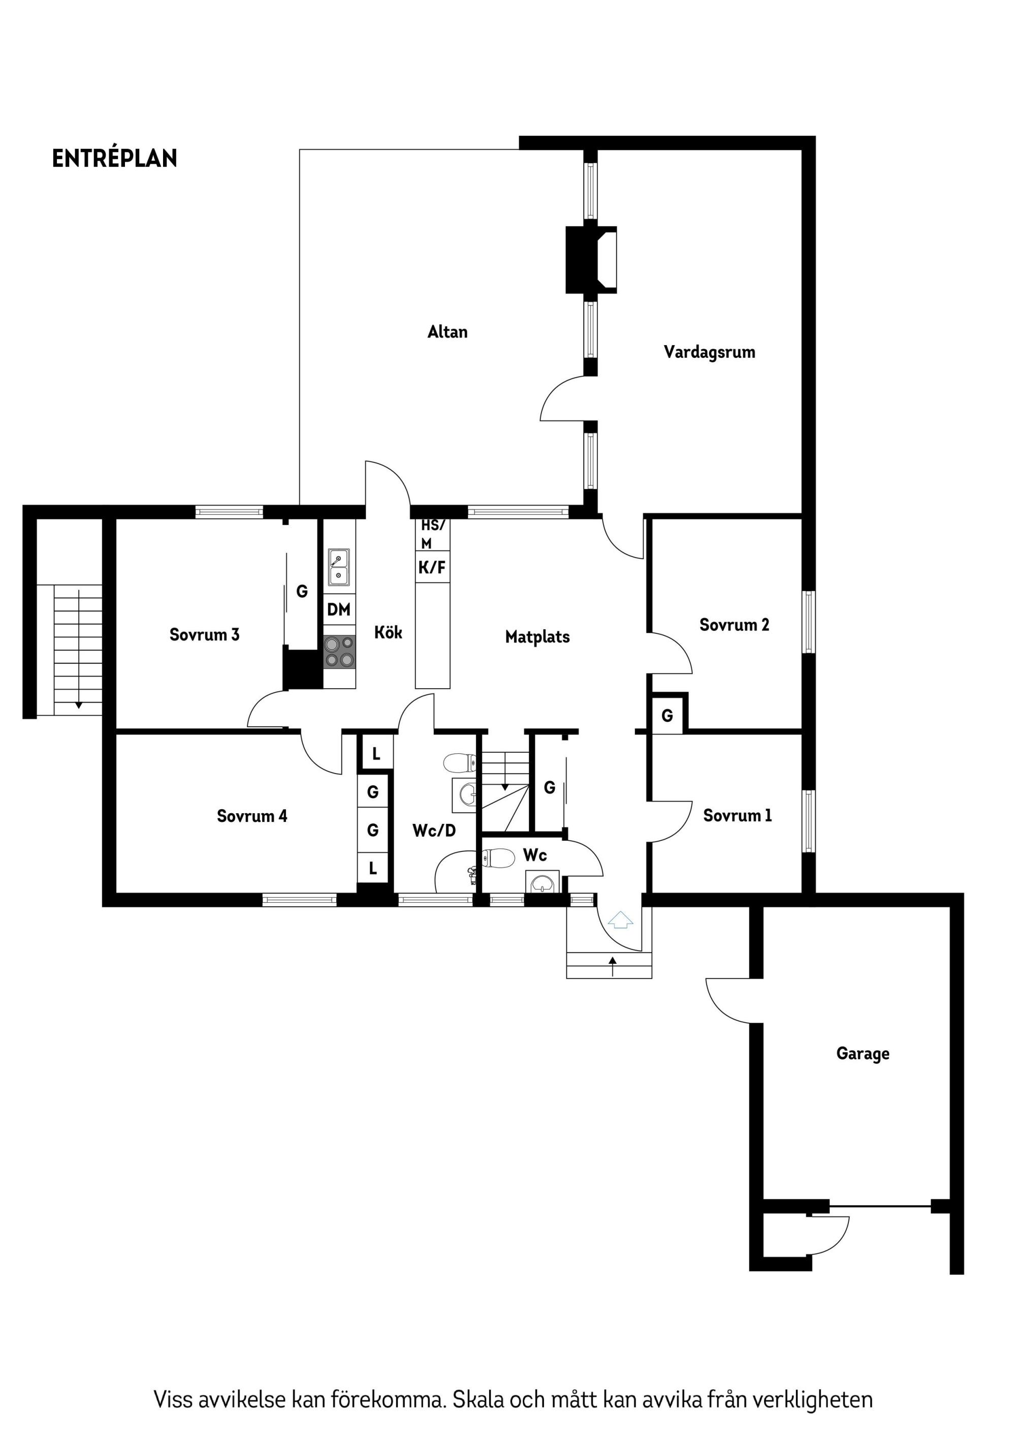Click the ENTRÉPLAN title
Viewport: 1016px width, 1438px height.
(x=115, y=159)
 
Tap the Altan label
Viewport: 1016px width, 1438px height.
(x=447, y=331)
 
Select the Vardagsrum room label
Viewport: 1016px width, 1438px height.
(x=709, y=352)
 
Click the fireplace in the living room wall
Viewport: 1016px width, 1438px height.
(x=591, y=259)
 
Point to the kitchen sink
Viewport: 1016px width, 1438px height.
(x=339, y=567)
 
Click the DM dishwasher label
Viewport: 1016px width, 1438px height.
(x=339, y=609)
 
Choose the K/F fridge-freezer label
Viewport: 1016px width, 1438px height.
(x=432, y=567)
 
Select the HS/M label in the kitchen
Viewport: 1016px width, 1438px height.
(x=432, y=534)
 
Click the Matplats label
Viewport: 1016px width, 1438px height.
(x=537, y=637)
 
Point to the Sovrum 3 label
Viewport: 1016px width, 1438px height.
(x=204, y=634)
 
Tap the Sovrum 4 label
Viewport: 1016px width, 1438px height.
(x=251, y=815)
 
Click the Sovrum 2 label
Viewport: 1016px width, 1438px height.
(x=734, y=624)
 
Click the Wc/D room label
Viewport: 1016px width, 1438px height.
(x=434, y=831)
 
